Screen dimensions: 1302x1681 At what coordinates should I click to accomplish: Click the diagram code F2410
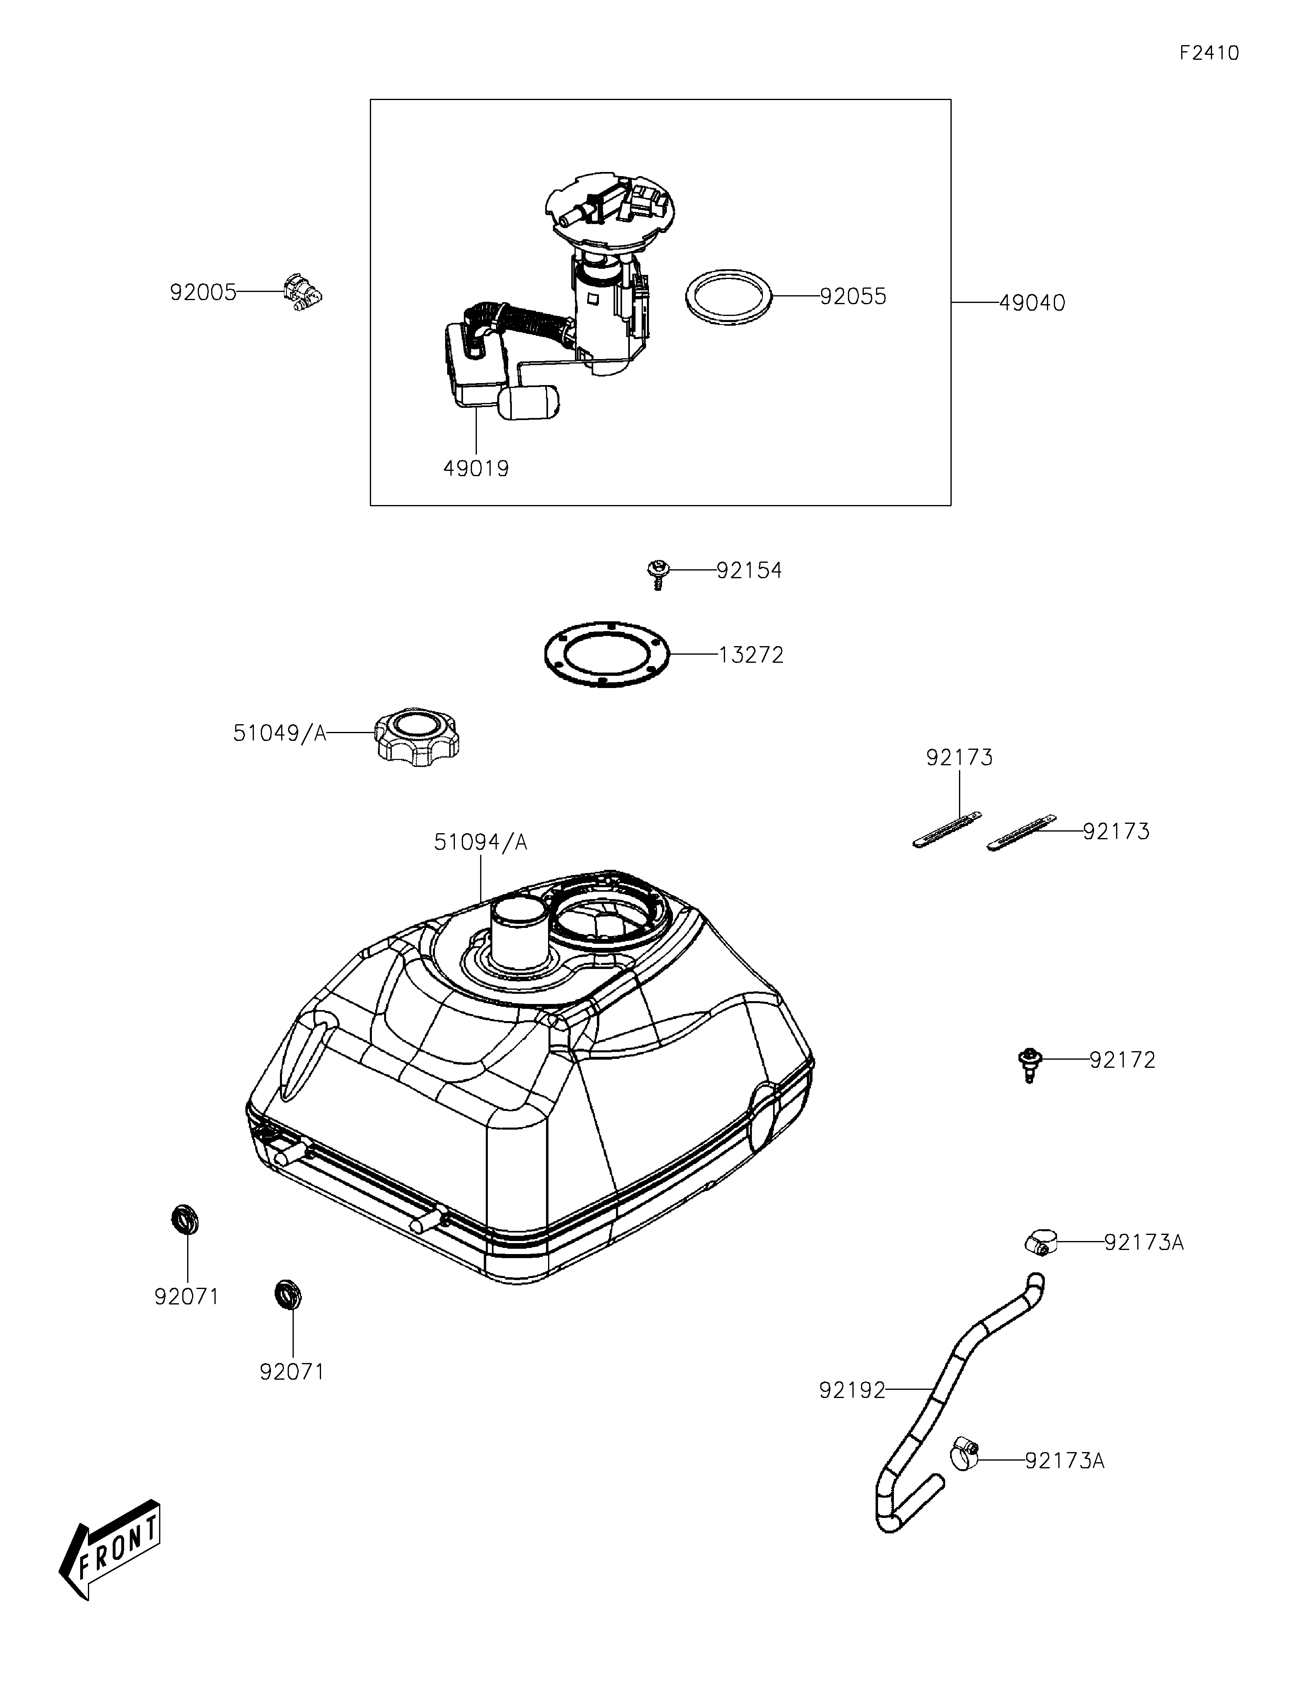tap(1209, 53)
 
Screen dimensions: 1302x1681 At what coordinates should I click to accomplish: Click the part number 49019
tap(476, 468)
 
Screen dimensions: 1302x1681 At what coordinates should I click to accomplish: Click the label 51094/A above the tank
tap(481, 842)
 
